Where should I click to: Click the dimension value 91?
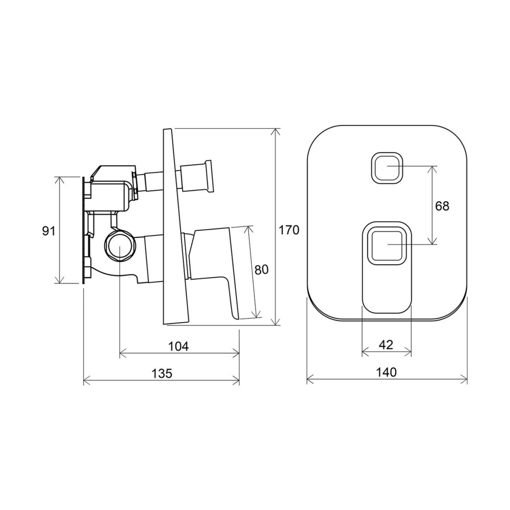[x=49, y=231]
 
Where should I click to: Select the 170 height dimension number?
[x=289, y=230]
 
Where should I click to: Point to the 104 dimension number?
[x=178, y=346]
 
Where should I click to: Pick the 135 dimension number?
[x=161, y=373]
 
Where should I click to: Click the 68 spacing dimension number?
[x=442, y=206]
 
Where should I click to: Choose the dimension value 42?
[x=386, y=345]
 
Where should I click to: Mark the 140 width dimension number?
[x=386, y=372]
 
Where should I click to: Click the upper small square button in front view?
[x=387, y=168]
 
